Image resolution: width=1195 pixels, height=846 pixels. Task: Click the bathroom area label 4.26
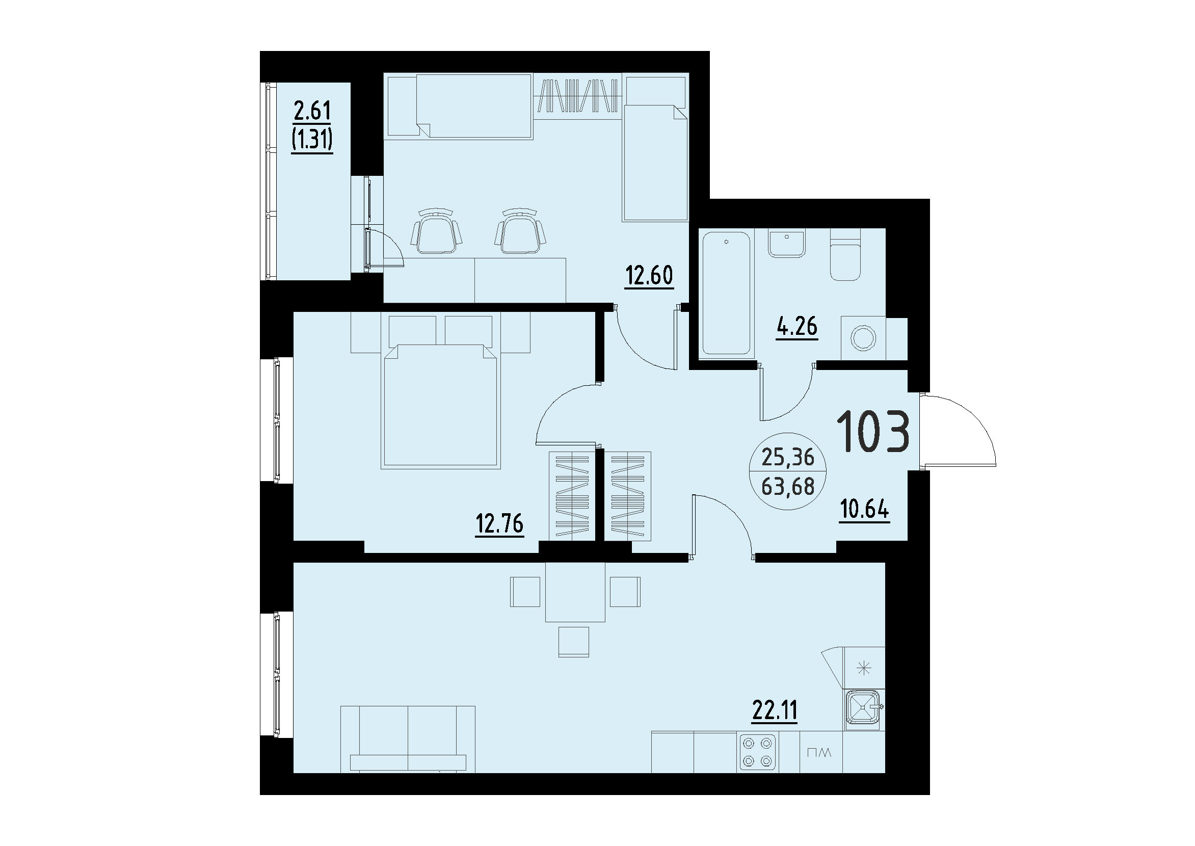[796, 326]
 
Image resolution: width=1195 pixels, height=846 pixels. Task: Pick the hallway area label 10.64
[864, 510]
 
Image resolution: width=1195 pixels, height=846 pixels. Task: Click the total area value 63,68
[788, 487]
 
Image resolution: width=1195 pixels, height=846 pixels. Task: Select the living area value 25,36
[788, 457]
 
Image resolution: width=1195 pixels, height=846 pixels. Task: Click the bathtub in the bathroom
[727, 293]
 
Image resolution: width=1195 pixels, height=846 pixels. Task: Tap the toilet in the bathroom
[845, 260]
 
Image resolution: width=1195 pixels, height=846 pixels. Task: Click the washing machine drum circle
[863, 338]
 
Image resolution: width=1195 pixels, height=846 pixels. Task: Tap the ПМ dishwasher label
[819, 753]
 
